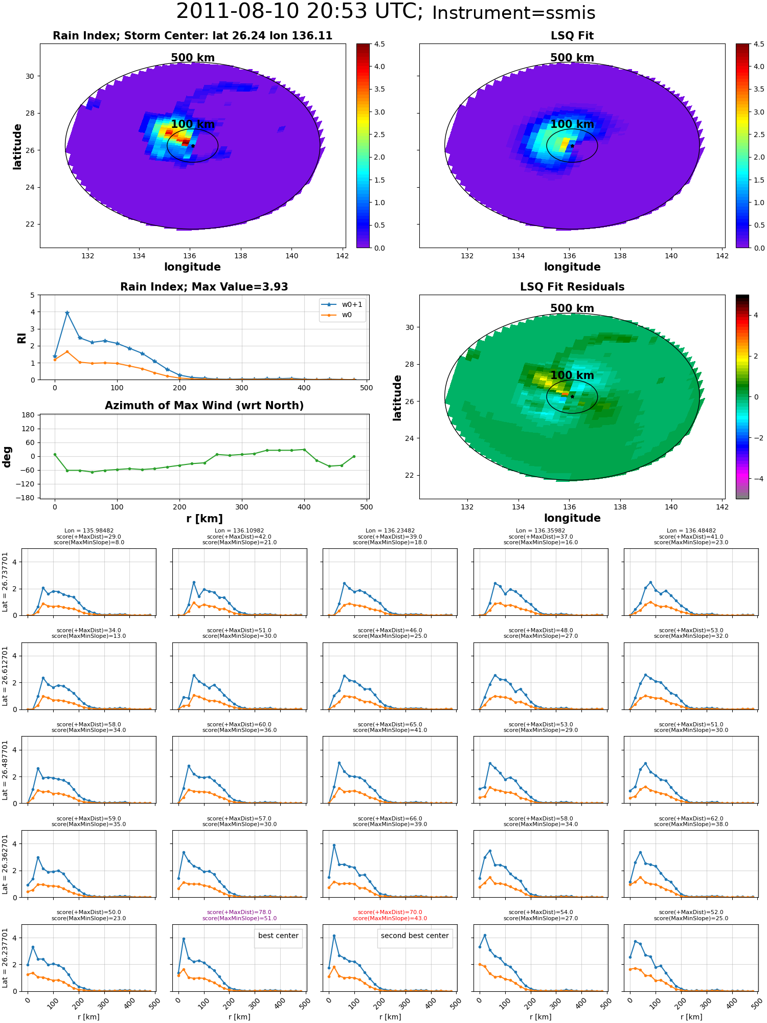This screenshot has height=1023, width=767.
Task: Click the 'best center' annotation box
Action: pyautogui.click(x=278, y=936)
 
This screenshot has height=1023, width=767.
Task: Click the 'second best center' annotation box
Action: pyautogui.click(x=415, y=936)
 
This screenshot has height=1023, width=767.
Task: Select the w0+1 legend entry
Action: pyautogui.click(x=343, y=304)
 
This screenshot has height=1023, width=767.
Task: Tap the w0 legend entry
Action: pyautogui.click(x=337, y=315)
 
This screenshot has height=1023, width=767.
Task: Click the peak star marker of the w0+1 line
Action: pyautogui.click(x=67, y=313)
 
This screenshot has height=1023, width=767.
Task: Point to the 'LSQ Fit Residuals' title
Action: pyautogui.click(x=572, y=287)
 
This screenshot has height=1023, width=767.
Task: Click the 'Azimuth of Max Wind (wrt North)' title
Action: pyautogui.click(x=204, y=406)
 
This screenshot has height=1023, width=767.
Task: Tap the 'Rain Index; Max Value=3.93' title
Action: pyautogui.click(x=204, y=287)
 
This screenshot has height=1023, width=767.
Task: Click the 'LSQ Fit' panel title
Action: pyautogui.click(x=572, y=36)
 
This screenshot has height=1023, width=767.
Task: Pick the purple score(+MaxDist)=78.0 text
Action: pyautogui.click(x=239, y=912)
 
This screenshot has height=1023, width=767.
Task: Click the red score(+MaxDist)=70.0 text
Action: pyautogui.click(x=390, y=912)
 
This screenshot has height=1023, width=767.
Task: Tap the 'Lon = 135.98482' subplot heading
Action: pyautogui.click(x=89, y=531)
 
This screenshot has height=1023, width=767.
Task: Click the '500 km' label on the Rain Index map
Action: pyautogui.click(x=193, y=58)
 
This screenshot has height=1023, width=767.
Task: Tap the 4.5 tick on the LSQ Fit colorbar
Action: pyautogui.click(x=759, y=44)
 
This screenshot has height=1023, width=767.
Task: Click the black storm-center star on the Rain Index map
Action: pyautogui.click(x=193, y=146)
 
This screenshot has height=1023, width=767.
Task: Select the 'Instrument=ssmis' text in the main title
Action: pyautogui.click(x=514, y=13)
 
